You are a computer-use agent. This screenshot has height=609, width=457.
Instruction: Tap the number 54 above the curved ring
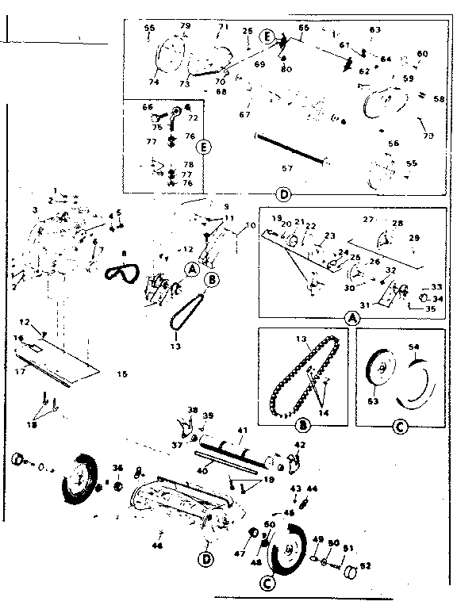pyautogui.click(x=413, y=347)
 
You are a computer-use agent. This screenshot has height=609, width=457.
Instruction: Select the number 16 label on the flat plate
pyautogui.click(x=17, y=338)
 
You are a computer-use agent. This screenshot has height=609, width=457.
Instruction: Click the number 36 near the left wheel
pyautogui.click(x=117, y=467)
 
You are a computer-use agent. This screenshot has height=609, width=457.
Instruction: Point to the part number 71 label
pyautogui.click(x=223, y=26)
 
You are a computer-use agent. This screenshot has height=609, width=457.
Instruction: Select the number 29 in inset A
pyautogui.click(x=413, y=238)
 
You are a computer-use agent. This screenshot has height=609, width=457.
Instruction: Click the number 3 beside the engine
pyautogui.click(x=35, y=209)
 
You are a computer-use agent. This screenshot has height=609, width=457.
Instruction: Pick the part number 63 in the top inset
pyautogui.click(x=375, y=30)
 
